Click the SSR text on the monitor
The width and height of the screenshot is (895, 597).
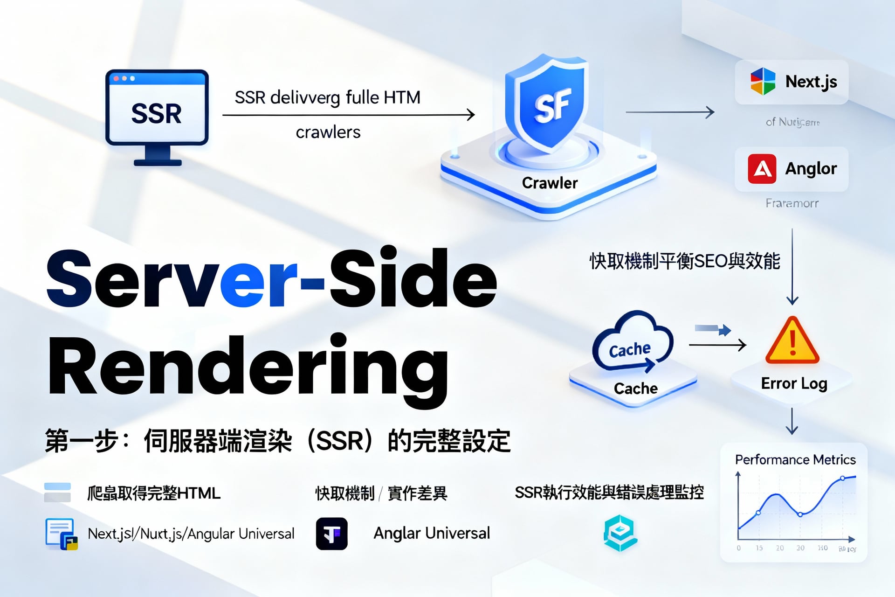[x=156, y=113]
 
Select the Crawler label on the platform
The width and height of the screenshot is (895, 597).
[x=550, y=183]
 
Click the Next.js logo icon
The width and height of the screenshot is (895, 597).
[x=763, y=82]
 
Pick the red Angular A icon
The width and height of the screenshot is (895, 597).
[x=762, y=169]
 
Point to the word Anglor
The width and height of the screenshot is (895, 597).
[x=811, y=169]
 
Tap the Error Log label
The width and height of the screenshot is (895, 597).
[x=794, y=383]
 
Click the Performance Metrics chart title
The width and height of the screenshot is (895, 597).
[x=795, y=460]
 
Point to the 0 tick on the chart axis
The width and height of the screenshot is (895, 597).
[x=739, y=548]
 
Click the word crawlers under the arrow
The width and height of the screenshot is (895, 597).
[x=328, y=132]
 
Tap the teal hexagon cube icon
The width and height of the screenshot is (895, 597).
[x=620, y=533]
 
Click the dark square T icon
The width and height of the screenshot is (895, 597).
[x=332, y=534]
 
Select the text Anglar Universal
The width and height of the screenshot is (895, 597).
[x=432, y=533]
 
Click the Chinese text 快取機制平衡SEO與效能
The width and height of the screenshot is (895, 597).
[x=684, y=261]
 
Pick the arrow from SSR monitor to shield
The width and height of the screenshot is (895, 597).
[x=348, y=115]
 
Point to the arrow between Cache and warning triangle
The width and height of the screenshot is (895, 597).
[x=717, y=345]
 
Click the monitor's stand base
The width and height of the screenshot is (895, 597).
[x=158, y=162]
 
